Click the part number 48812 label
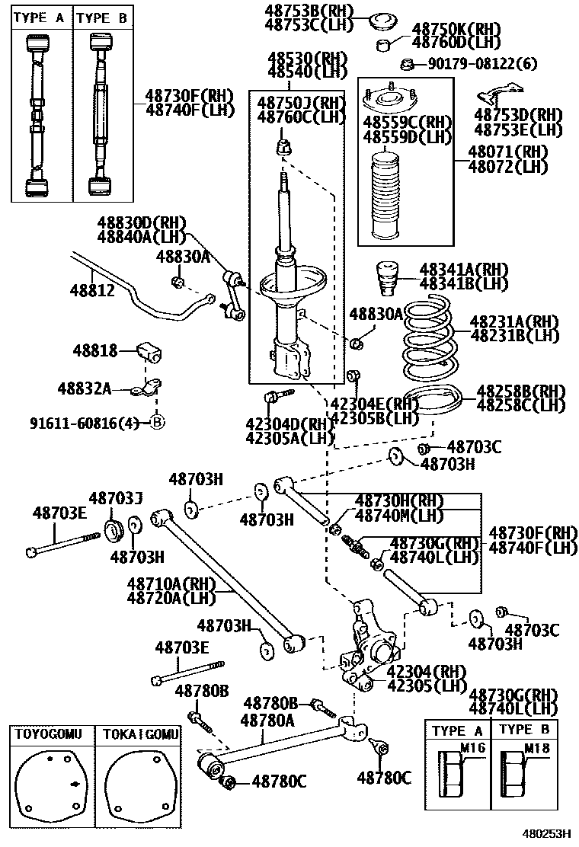(93, 290)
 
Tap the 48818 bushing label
(95, 351)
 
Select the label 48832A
(84, 388)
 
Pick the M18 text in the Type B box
(539, 747)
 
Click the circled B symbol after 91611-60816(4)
(157, 423)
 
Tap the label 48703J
(116, 498)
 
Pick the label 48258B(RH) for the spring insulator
(520, 392)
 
